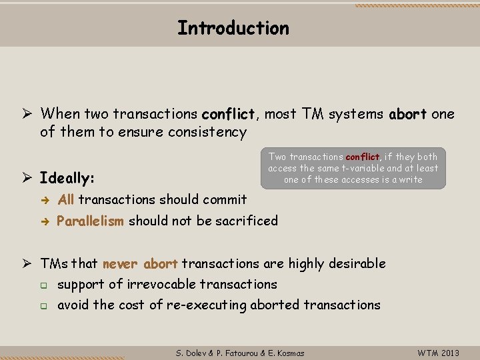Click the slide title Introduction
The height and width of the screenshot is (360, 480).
tap(233, 28)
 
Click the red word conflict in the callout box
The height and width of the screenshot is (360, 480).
tap(362, 157)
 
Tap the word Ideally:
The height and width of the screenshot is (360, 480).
tap(67, 178)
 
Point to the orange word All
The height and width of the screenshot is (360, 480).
tap(66, 199)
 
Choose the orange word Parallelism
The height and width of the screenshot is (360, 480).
tap(91, 221)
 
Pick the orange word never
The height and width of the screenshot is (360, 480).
tap(121, 263)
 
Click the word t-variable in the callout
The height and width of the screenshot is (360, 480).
tap(355, 168)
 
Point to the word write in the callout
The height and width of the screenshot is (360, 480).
tap(409, 179)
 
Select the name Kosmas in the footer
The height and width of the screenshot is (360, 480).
tap(289, 352)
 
